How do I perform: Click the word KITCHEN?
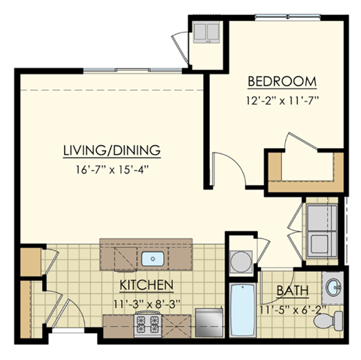click(147, 286)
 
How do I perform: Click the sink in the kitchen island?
click(153, 259)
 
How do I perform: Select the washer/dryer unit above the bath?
click(321, 218)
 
